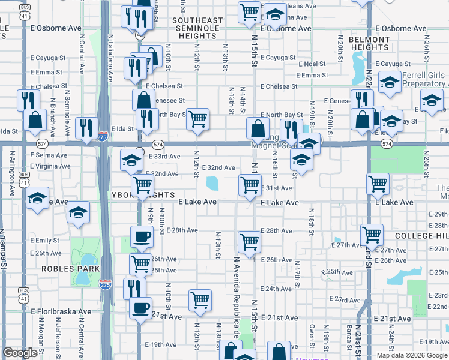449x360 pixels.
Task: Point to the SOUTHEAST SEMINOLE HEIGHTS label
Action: [x=197, y=28]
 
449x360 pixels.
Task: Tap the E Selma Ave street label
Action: [x=46, y=155]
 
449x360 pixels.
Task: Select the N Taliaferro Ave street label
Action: [x=110, y=58]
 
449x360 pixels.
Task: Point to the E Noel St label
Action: [x=310, y=64]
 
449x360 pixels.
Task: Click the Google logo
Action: [x=20, y=353]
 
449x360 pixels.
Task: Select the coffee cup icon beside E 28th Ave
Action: [x=141, y=235]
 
